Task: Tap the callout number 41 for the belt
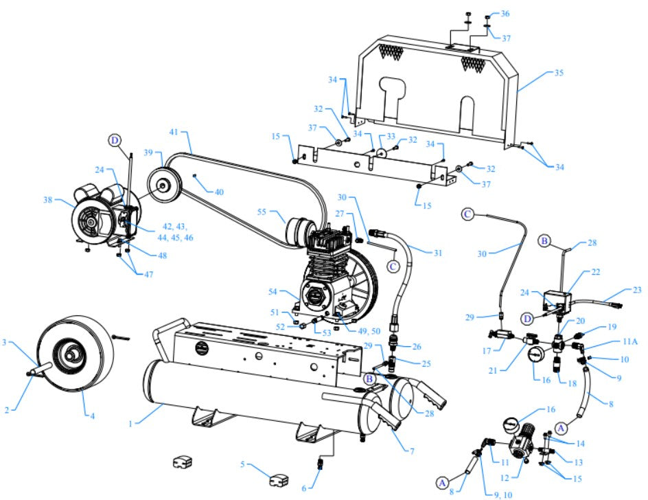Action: click(174, 130)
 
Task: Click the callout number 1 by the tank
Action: click(130, 424)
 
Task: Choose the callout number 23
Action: click(638, 290)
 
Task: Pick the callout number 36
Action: click(505, 14)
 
